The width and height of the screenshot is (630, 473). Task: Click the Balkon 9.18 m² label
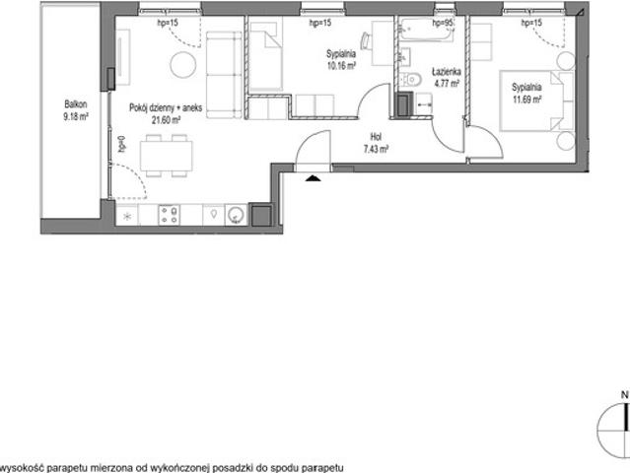pyautogui.click(x=76, y=110)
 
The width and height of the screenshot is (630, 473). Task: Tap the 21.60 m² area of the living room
pyautogui.click(x=166, y=119)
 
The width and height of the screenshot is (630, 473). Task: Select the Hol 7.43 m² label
pyautogui.click(x=376, y=143)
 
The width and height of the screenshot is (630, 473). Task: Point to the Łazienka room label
pyautogui.click(x=447, y=72)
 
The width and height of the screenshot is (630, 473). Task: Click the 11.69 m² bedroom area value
pyautogui.click(x=526, y=99)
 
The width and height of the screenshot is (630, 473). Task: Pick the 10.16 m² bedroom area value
pyautogui.click(x=341, y=65)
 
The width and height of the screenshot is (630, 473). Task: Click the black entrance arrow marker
pyautogui.click(x=313, y=178)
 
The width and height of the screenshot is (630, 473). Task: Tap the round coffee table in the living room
pyautogui.click(x=183, y=65)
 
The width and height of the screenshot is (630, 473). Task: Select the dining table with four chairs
pyautogui.click(x=167, y=156)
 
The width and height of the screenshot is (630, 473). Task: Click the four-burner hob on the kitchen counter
pyautogui.click(x=170, y=215)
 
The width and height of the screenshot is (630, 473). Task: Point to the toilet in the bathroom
pyautogui.click(x=410, y=80)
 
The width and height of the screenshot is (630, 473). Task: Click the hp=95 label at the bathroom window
pyautogui.click(x=443, y=24)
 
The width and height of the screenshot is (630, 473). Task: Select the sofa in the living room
pyautogui.click(x=224, y=75)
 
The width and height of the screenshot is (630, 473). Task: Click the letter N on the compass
pyautogui.click(x=624, y=395)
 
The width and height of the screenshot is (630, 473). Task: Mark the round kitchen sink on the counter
pyautogui.click(x=236, y=215)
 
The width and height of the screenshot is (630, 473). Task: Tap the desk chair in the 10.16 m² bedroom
pyautogui.click(x=366, y=41)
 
